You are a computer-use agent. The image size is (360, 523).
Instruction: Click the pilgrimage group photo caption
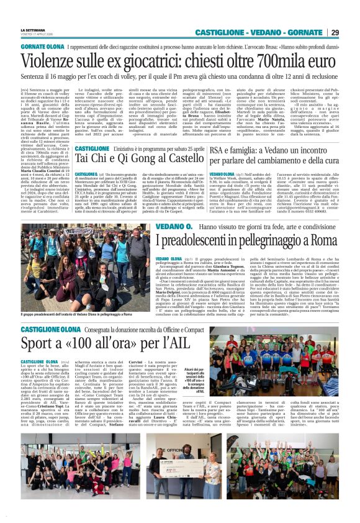[78, 316]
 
